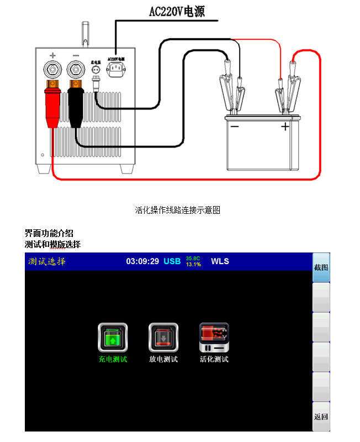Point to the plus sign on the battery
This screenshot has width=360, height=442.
285,127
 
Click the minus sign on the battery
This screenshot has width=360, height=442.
235,127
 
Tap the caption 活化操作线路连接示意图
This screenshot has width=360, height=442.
178,210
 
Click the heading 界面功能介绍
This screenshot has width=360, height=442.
49,233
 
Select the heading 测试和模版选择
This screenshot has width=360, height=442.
52,244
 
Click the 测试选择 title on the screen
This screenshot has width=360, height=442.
47,261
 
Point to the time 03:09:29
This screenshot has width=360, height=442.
142,261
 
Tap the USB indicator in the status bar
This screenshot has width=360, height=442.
172,261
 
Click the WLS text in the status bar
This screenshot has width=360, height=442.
220,261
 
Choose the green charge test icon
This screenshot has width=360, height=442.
113,338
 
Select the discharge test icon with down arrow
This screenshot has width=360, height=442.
163,338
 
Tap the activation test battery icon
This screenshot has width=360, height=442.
214,338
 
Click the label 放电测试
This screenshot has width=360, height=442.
163,359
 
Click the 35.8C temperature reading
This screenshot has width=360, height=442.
193,258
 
